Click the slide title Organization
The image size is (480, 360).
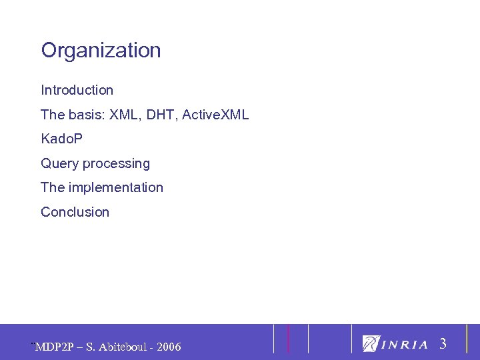coord(101,51)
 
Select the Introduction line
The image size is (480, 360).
coord(77,90)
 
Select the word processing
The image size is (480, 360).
coord(117,163)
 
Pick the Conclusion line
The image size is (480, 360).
coord(75,212)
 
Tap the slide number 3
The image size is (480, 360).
coord(443,345)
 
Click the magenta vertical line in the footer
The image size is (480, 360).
coord(287,339)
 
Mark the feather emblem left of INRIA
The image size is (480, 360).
coord(370,344)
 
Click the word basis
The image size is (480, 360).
coord(84,115)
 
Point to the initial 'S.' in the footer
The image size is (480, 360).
coord(90,347)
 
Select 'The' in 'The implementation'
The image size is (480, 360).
coord(53,187)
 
